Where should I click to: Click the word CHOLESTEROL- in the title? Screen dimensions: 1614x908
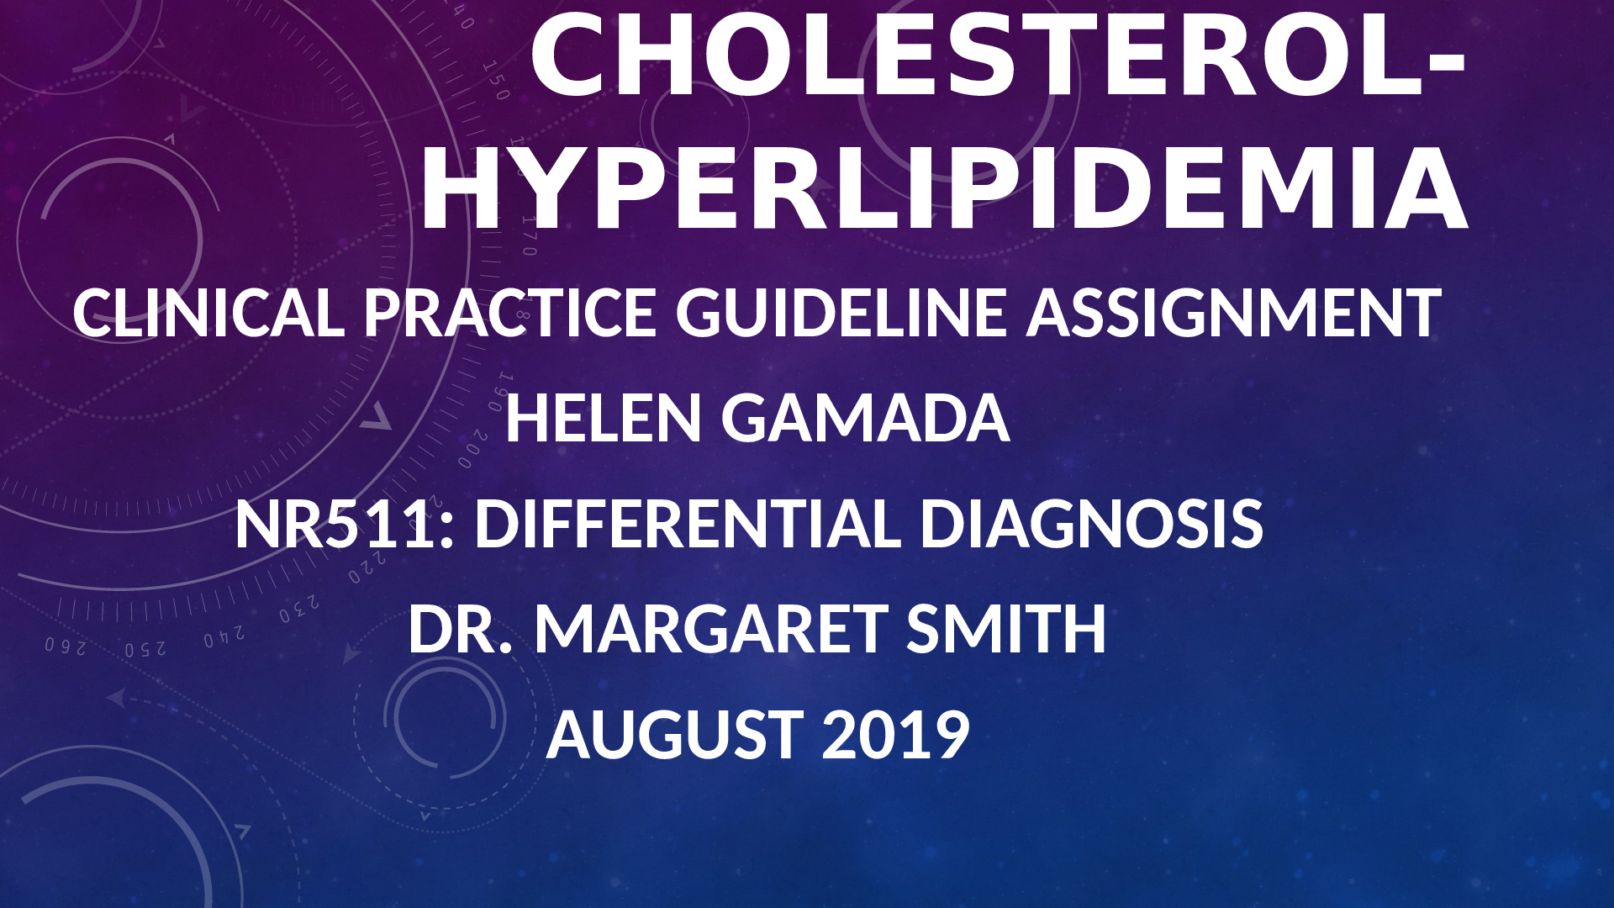tap(999, 55)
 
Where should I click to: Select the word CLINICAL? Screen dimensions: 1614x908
tap(208, 313)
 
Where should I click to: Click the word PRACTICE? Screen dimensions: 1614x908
tap(510, 313)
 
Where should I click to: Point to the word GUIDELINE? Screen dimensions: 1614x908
tap(841, 313)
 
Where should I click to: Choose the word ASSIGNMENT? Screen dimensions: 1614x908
tap(1234, 313)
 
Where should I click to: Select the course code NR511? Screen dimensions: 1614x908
tap(345, 523)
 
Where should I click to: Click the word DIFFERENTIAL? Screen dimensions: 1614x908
tap(688, 523)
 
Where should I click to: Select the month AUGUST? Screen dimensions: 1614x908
tap(675, 734)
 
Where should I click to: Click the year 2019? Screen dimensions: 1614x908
tap(896, 734)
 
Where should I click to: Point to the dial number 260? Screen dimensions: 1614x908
tap(66, 647)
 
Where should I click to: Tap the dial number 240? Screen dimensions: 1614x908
tap(224, 636)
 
